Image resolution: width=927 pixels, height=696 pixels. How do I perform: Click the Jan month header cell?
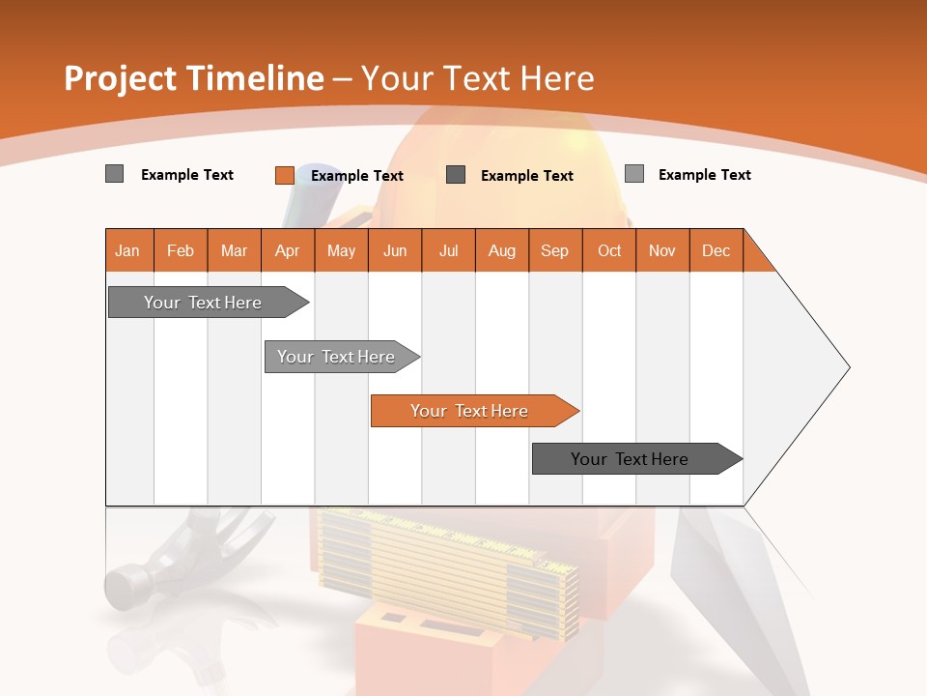[x=128, y=250]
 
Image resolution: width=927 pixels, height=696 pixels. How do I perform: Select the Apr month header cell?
[x=288, y=250]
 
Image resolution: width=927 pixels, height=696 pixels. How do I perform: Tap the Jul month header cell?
[x=448, y=250]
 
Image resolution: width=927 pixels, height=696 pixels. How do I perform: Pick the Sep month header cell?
[x=555, y=250]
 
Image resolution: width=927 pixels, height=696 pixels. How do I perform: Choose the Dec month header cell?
[x=716, y=250]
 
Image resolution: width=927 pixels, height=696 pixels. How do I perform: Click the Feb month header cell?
[x=181, y=250]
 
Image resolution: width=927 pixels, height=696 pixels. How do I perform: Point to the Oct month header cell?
[x=609, y=250]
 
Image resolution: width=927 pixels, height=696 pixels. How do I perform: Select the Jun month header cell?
[x=395, y=250]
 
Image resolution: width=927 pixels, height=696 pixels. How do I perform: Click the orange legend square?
[x=284, y=175]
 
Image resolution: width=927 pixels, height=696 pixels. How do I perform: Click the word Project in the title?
[x=120, y=78]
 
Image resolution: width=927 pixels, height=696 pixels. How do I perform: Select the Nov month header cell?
[x=662, y=250]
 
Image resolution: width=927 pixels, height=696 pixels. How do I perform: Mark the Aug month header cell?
[x=502, y=250]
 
